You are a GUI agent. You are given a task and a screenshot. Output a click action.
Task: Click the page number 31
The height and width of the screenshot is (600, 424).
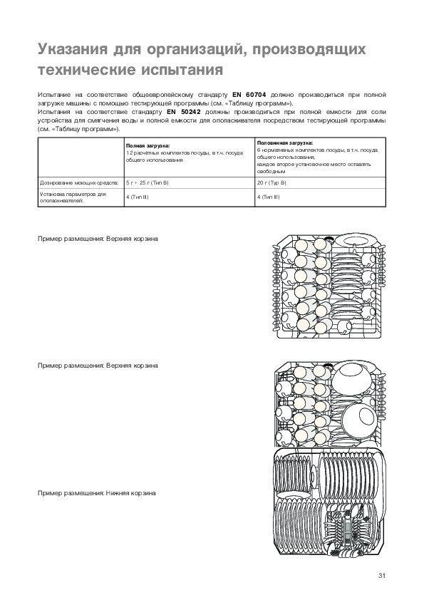381,576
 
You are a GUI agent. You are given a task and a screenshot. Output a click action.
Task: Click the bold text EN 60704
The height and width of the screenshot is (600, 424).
249,95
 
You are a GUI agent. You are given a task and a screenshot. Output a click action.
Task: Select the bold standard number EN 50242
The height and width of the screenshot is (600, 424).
184,112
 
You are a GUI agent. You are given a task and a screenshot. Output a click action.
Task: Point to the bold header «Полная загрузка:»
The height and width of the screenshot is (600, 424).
148,146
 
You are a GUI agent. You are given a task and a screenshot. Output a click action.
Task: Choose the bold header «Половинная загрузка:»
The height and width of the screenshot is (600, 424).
285,143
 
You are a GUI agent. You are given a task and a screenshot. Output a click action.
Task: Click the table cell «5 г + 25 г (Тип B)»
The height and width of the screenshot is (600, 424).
148,183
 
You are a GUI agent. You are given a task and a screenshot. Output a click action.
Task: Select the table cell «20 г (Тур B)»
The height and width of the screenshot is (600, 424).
272,183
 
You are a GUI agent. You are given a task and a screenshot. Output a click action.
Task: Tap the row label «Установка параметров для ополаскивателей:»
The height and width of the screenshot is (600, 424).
73,197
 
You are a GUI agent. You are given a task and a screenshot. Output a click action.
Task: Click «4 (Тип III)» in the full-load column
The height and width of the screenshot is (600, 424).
138,197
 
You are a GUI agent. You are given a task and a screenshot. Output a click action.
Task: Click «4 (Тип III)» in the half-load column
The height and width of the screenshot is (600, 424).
268,197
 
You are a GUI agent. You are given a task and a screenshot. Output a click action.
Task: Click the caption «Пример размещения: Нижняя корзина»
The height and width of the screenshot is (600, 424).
97,493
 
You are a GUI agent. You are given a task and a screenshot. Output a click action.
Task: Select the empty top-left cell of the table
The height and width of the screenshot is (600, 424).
81,157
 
